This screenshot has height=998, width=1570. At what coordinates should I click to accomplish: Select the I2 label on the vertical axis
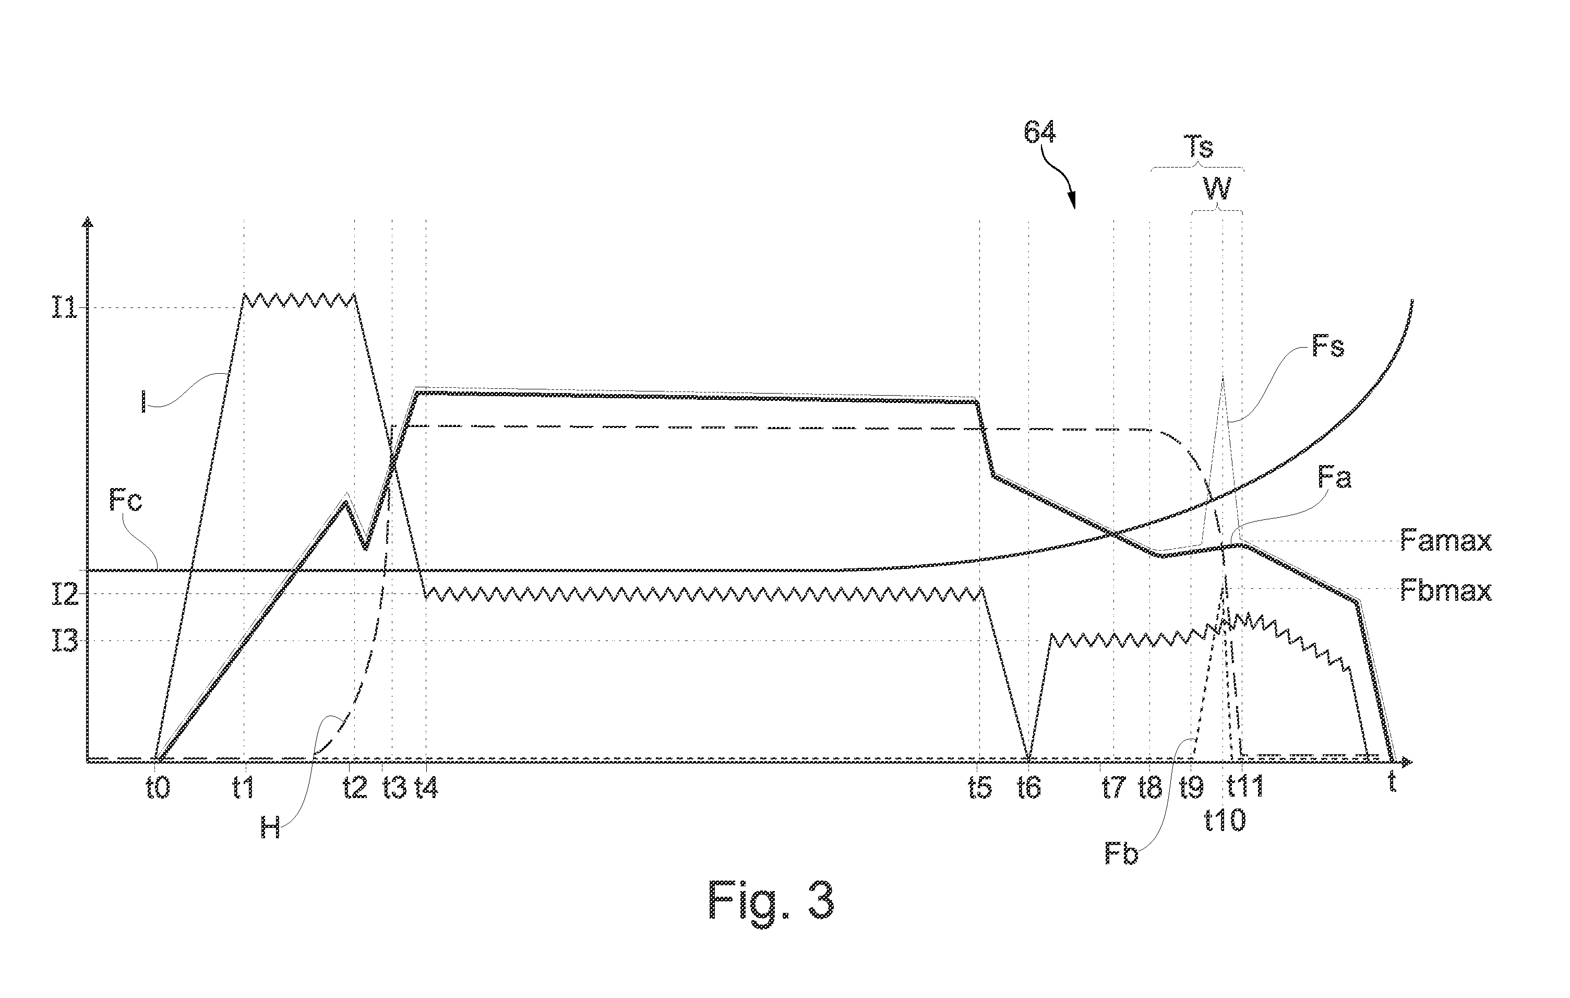click(x=65, y=593)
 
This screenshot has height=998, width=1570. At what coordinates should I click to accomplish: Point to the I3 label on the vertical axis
click(x=65, y=641)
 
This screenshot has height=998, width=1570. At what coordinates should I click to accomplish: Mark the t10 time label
click(x=1225, y=820)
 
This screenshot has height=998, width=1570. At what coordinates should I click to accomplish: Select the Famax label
click(x=1445, y=541)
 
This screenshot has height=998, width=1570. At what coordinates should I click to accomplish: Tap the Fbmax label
click(x=1445, y=591)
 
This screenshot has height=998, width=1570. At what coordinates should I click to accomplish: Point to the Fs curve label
click(x=1327, y=347)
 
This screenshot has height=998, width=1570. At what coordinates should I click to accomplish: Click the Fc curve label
click(x=126, y=502)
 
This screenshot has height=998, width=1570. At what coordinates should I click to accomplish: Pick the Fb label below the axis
click(x=1121, y=853)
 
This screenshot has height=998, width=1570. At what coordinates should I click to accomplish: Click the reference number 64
click(x=1039, y=133)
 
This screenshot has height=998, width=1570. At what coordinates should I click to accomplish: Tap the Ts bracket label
click(x=1199, y=147)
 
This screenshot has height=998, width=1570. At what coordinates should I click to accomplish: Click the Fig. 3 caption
click(x=771, y=901)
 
